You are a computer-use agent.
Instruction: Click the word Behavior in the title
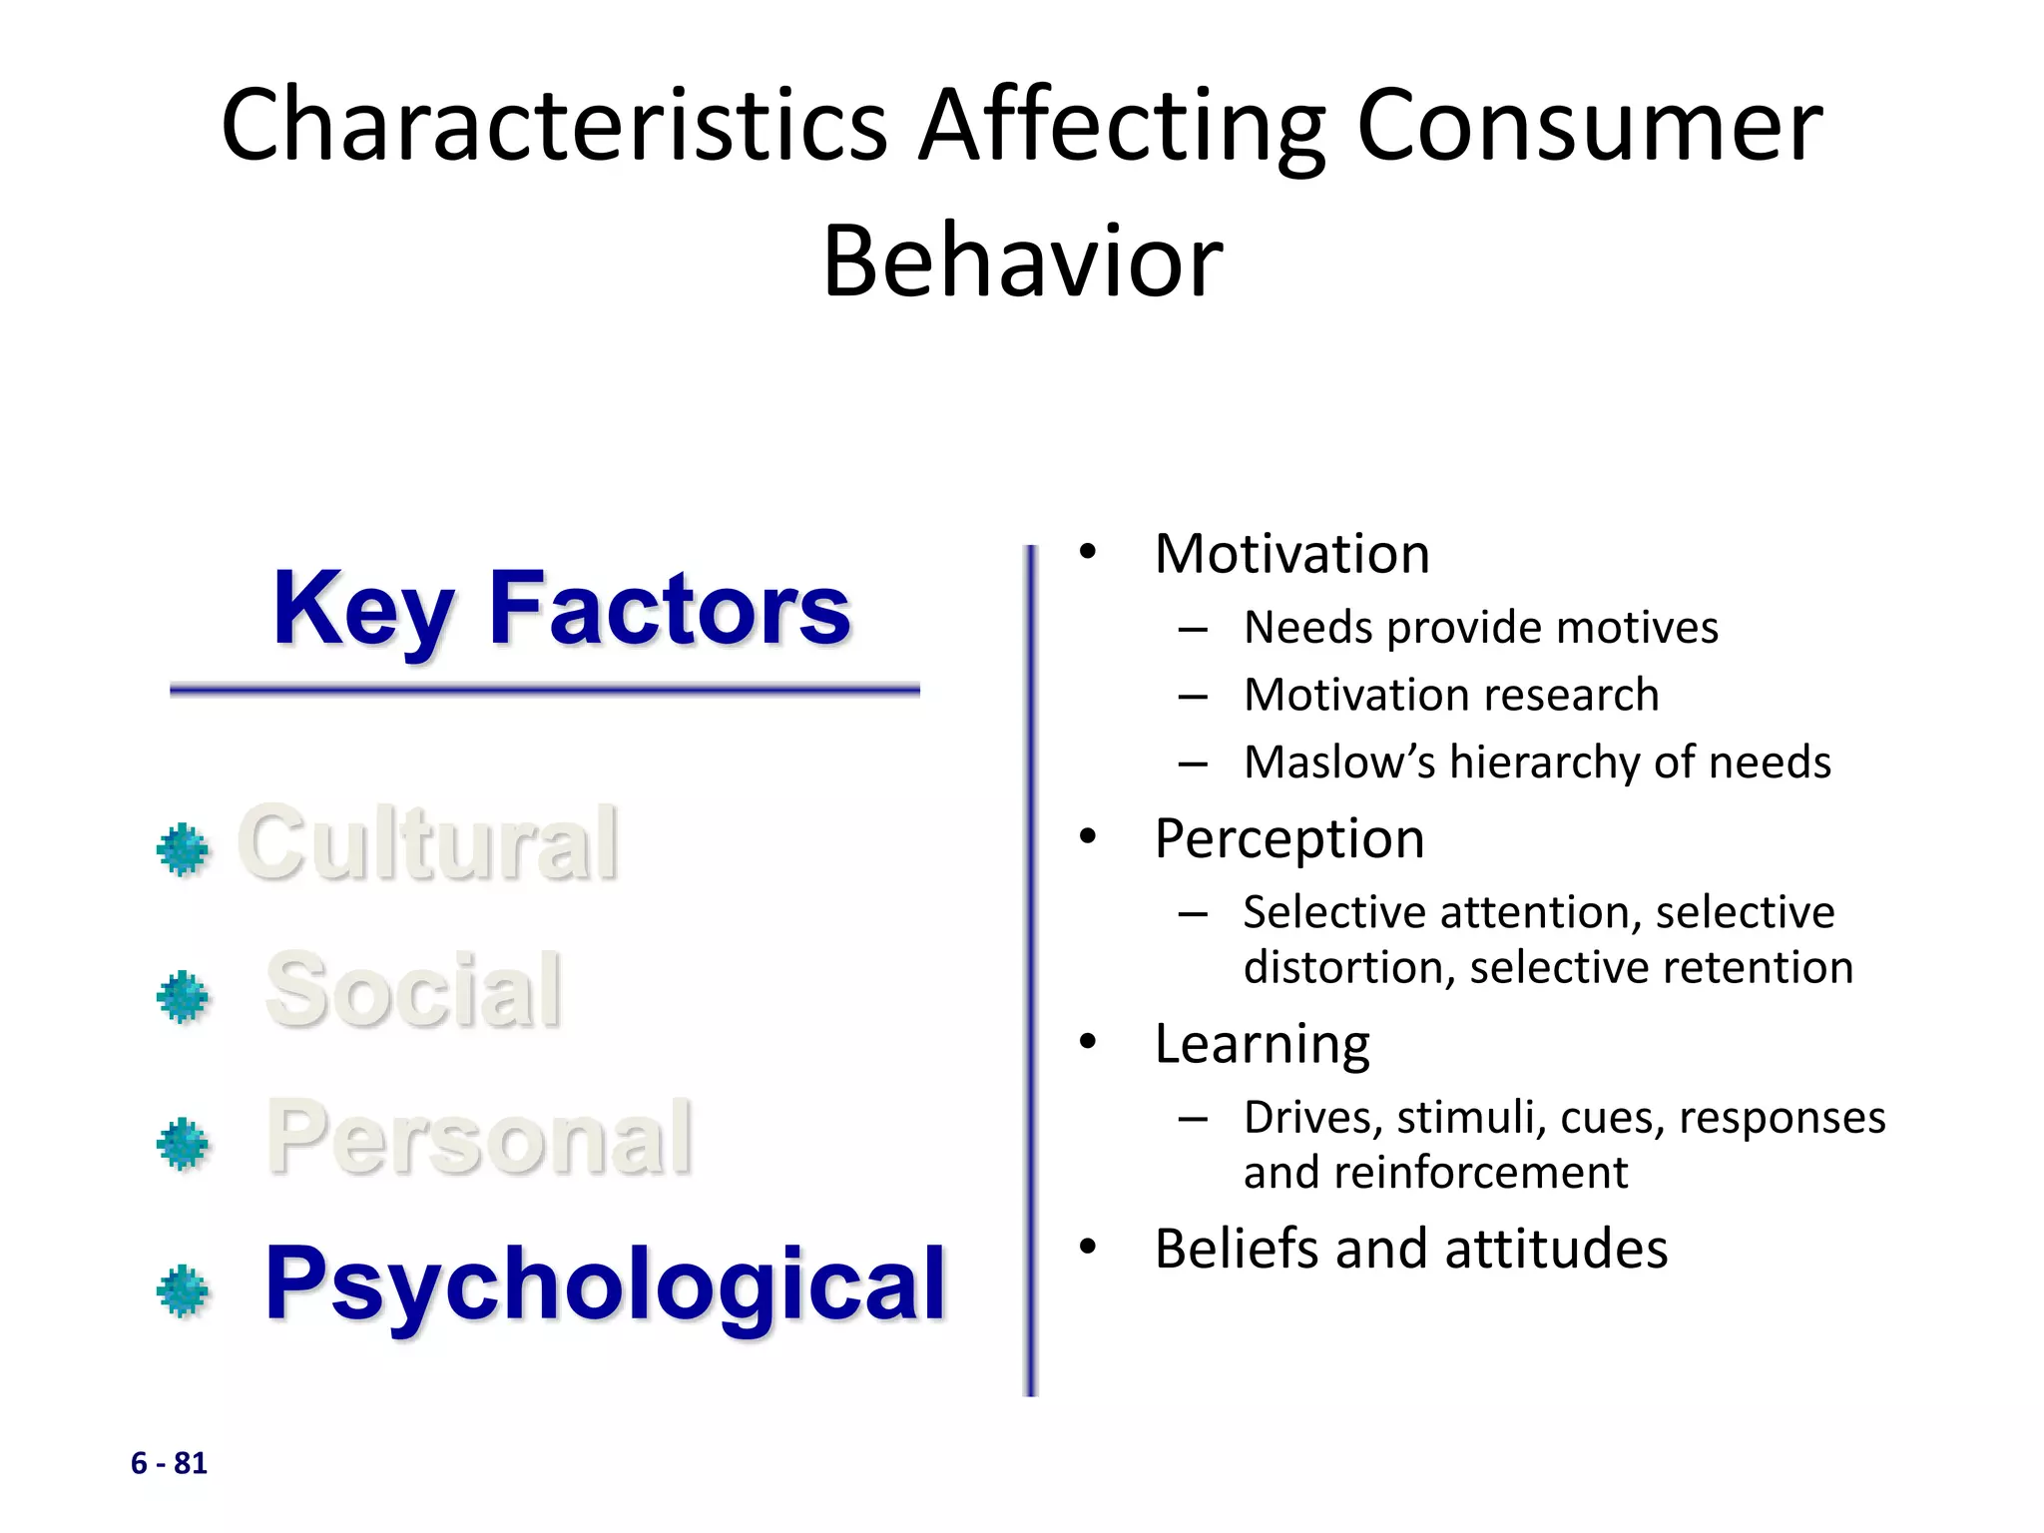(1022, 261)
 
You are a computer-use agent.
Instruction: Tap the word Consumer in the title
(1589, 126)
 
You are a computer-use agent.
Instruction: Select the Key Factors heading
(561, 609)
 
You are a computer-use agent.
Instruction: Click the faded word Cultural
(427, 844)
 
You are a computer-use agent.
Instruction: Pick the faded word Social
(413, 990)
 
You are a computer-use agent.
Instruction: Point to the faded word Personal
(479, 1138)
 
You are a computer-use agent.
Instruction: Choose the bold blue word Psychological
(604, 1284)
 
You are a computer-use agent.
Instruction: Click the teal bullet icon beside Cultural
(184, 850)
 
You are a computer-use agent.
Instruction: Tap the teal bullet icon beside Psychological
(184, 1291)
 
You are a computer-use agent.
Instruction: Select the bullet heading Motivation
(1291, 554)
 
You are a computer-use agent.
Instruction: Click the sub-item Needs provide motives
(1481, 629)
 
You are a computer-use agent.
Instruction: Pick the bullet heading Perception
(1289, 838)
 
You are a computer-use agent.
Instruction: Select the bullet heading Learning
(1262, 1044)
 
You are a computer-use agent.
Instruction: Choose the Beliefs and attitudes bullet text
(1411, 1249)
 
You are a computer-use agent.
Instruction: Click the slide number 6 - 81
(169, 1463)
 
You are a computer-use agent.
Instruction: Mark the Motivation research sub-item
(1451, 696)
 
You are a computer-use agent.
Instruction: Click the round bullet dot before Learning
(1088, 1043)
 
